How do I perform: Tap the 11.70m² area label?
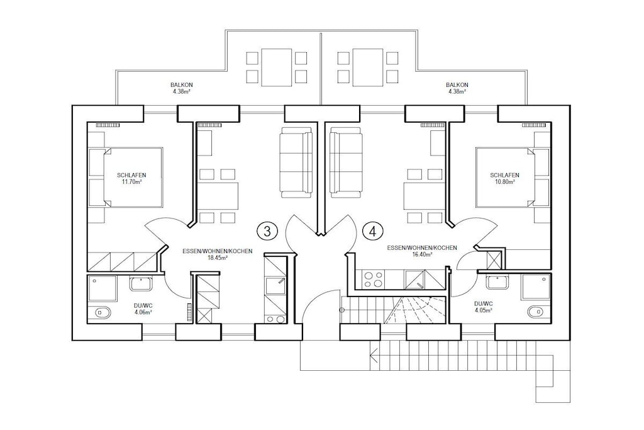pyautogui.click(x=131, y=181)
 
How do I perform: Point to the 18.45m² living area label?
pyautogui.click(x=217, y=257)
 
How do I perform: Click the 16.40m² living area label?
pyautogui.click(x=422, y=254)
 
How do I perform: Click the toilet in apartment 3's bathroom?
pyautogui.click(x=101, y=312)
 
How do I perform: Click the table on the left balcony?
pyautogui.click(x=277, y=67)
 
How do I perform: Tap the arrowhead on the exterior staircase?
pyautogui.click(x=374, y=353)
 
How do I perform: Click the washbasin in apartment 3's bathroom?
pyautogui.click(x=142, y=283)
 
